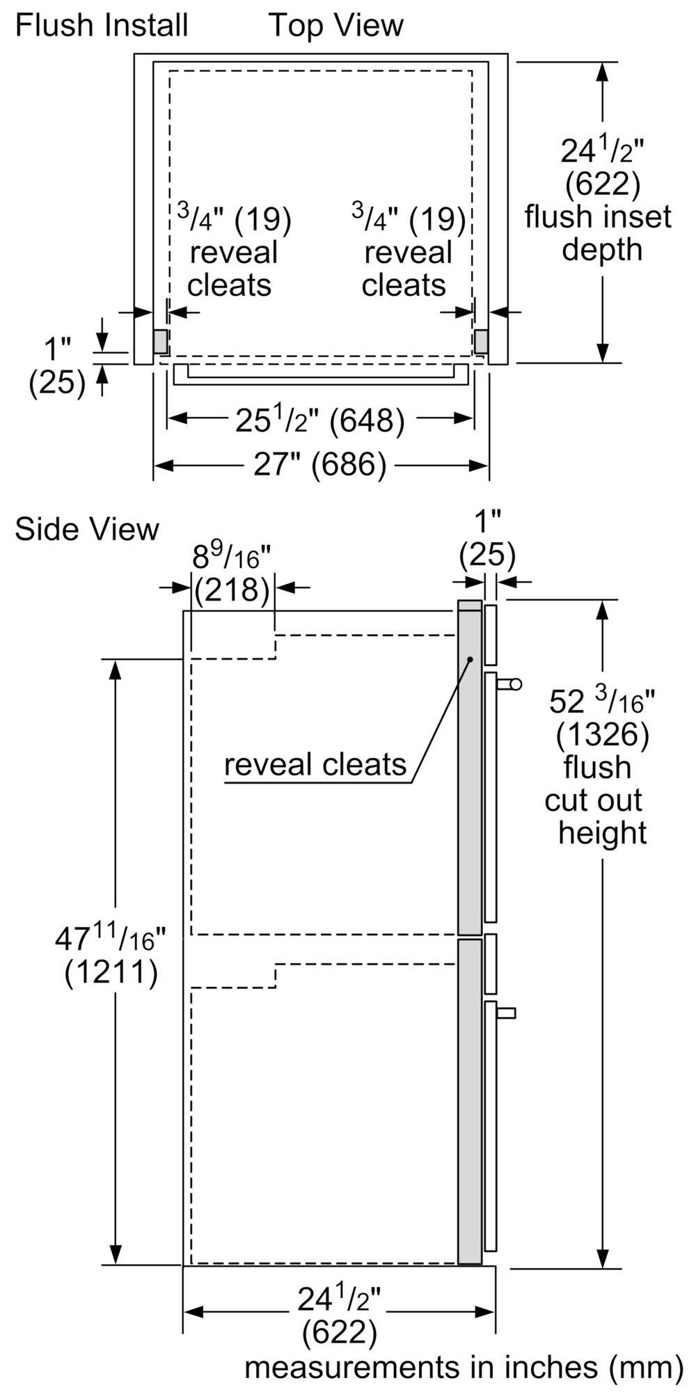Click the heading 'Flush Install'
tap(102, 26)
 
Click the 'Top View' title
tap(336, 26)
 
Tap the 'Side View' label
tap(87, 529)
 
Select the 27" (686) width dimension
tap(319, 464)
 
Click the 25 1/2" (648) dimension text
tap(319, 420)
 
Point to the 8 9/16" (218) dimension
tap(231, 574)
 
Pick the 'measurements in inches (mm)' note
tap(463, 1368)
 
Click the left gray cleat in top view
tap(160, 340)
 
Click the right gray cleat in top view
tap(481, 340)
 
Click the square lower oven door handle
tap(508, 1012)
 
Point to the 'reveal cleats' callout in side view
tap(315, 764)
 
